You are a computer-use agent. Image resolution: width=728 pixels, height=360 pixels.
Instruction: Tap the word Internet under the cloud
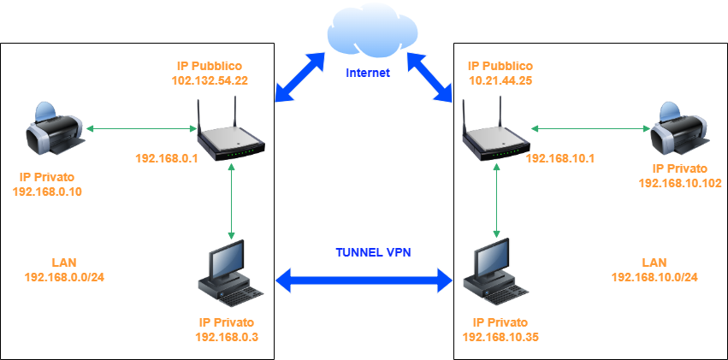tap(368, 73)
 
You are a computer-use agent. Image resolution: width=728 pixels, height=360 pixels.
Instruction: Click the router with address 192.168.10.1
tap(494, 133)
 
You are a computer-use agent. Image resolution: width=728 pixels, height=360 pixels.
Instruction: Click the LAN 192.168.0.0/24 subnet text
tap(59, 277)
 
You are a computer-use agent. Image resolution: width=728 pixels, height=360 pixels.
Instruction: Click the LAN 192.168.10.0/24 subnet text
tap(654, 277)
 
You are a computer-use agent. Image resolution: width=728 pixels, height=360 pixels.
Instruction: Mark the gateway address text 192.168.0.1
tap(166, 158)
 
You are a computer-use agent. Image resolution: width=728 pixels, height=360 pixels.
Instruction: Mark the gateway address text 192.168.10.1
tap(560, 158)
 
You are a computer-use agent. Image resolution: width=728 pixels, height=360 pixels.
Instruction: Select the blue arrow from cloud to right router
tap(429, 77)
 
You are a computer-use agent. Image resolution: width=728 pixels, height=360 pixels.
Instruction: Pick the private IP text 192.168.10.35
tap(500, 337)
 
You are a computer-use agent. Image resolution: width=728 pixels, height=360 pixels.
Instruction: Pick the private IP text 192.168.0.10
tap(48, 191)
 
